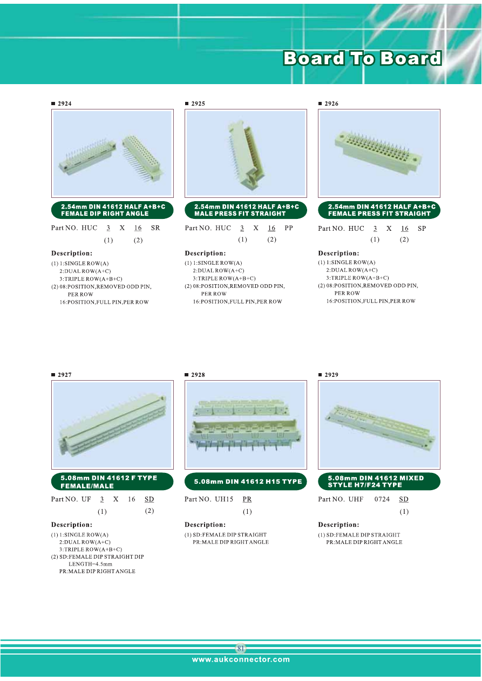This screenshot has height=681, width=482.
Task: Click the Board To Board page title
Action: point(362,58)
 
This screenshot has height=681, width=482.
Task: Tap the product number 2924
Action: point(65,104)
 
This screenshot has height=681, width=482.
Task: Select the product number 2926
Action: point(331,104)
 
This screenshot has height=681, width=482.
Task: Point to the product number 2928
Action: point(198,375)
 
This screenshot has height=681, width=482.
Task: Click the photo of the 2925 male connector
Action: point(246,153)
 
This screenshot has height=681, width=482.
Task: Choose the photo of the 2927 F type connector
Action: point(112,425)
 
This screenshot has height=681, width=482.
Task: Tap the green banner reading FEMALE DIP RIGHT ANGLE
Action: point(112,210)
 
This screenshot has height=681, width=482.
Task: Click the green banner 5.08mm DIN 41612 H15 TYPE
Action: point(246,481)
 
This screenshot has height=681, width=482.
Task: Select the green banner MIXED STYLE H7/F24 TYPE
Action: point(379,481)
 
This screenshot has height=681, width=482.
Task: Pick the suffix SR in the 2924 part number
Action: point(155,228)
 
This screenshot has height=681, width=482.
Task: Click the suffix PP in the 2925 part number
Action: point(288,228)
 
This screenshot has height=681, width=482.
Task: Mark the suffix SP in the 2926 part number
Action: point(422,229)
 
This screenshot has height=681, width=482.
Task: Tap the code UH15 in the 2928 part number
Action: point(224,499)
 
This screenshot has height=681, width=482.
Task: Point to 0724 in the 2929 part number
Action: point(382,499)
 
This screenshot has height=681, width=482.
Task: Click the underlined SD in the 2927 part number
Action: point(149,499)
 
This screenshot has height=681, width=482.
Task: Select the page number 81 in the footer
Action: point(241,649)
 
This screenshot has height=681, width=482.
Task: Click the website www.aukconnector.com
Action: point(241,659)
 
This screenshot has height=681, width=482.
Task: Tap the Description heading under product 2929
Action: point(338,525)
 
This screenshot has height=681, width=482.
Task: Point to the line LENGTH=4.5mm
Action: point(90,564)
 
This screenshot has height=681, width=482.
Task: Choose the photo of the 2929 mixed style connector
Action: point(379,425)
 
